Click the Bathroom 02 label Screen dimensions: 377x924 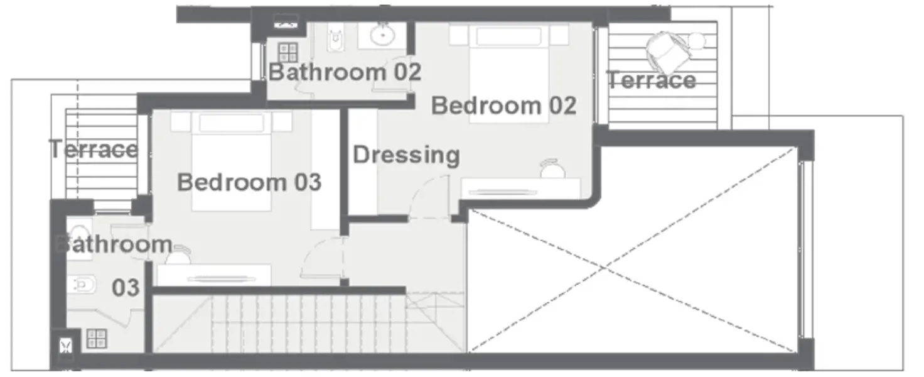[345, 72]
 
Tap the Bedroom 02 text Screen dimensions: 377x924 [503, 105]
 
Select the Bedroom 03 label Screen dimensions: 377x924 [249, 182]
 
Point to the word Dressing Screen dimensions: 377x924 [406, 155]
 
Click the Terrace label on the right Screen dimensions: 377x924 [652, 80]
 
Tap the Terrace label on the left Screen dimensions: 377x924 [94, 150]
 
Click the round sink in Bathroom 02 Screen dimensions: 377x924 [381, 35]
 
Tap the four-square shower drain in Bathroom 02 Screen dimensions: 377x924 [288, 52]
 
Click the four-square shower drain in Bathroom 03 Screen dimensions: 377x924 [97, 338]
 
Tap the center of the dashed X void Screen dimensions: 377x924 [604, 268]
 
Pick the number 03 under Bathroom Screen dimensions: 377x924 [126, 288]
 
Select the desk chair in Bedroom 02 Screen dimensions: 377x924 [553, 168]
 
